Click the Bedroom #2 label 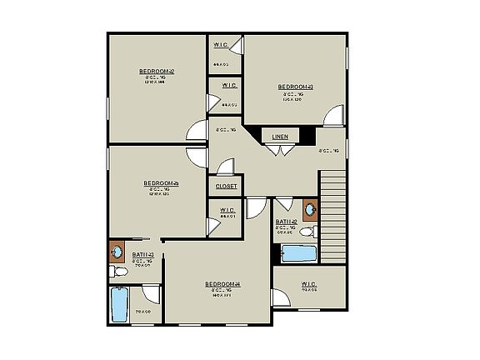tap(157, 72)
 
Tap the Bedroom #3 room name tap(295, 87)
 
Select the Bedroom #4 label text tap(222, 284)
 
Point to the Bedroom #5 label tap(161, 183)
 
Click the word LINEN tap(280, 136)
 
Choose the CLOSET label tap(227, 186)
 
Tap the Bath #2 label tap(287, 222)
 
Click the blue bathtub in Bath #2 tap(297, 252)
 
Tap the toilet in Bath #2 tap(307, 232)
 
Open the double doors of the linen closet tap(282, 150)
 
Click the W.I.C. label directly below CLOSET tap(227, 209)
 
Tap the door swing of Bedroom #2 tap(197, 131)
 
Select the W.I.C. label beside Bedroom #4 tap(309, 283)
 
